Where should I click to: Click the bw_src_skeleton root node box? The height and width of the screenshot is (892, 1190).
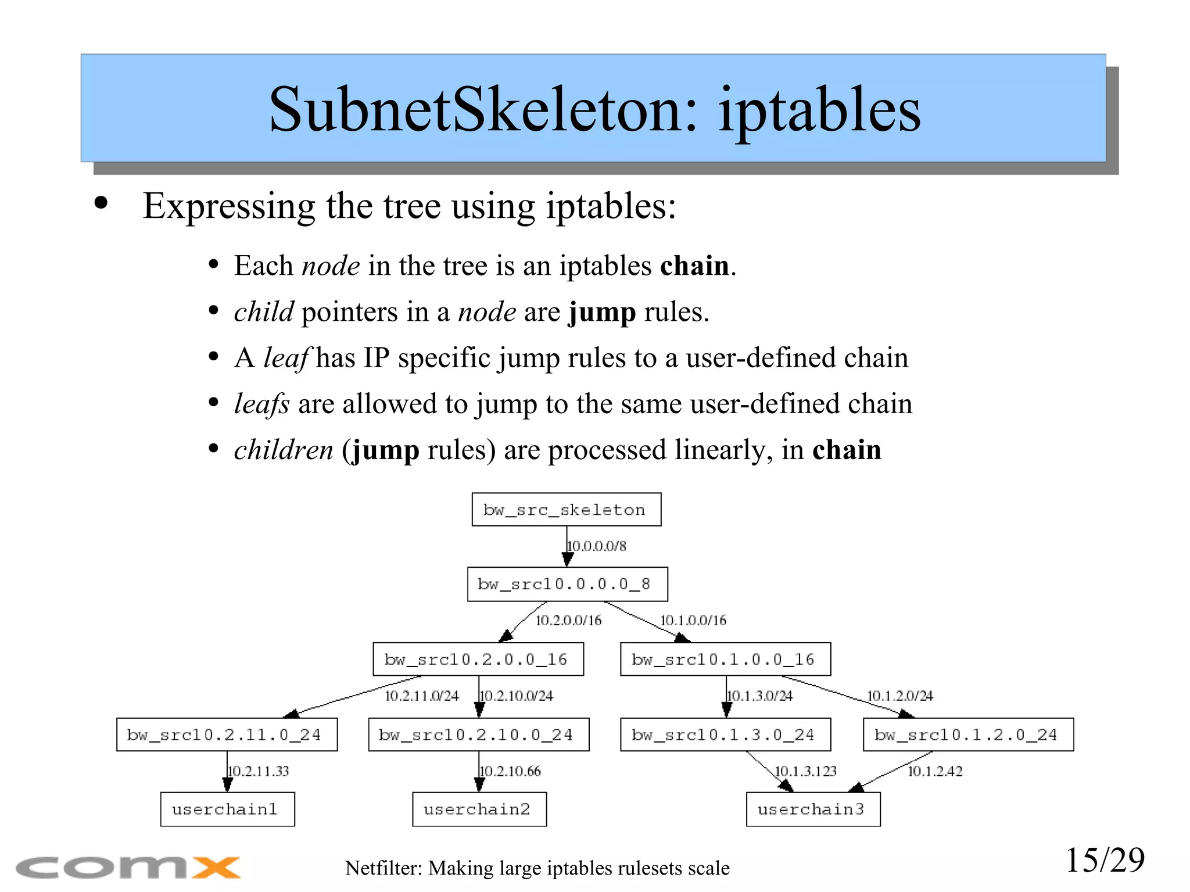coord(566,510)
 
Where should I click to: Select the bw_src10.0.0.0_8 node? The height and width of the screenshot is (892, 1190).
coord(567,584)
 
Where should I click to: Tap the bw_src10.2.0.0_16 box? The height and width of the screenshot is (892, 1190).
coord(478,659)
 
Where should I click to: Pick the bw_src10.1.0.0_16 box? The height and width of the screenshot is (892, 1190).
coord(725,659)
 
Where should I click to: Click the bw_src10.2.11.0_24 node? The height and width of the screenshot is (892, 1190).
coord(227,735)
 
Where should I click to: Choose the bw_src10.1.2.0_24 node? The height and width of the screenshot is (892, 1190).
coord(968,735)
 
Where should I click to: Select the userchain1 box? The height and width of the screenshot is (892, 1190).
coord(227,809)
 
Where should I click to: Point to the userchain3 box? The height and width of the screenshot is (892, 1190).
coord(813,809)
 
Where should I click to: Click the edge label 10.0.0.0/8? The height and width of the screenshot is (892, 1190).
coord(597,546)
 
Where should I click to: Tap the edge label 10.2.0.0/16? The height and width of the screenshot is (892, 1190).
coord(568,621)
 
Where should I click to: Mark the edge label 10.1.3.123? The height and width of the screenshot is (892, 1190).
coord(805,771)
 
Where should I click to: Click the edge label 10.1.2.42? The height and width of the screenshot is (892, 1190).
coord(934,771)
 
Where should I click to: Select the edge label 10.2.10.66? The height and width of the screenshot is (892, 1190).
coord(510,771)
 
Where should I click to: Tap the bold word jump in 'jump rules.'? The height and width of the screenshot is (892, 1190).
coord(602,312)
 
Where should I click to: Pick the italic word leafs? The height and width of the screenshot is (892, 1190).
coord(261,403)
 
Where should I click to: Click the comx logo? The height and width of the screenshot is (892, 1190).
coord(128,868)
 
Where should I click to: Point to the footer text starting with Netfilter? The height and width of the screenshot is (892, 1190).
coord(537,868)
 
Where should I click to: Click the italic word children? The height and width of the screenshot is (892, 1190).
coord(284,450)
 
